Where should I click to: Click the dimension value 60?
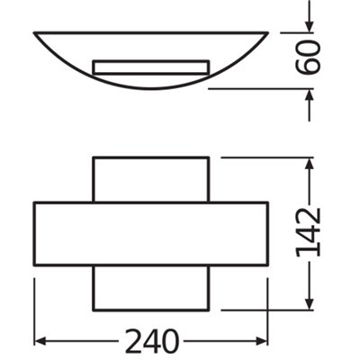click(307, 58)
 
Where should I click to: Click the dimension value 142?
click(307, 232)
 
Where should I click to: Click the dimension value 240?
click(152, 341)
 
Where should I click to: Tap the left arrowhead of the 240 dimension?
click(40, 341)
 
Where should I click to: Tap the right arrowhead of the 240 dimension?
click(262, 341)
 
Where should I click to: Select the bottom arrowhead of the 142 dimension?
click(310, 303)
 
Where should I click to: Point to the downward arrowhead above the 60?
click(310, 26)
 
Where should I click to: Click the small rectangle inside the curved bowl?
click(151, 67)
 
